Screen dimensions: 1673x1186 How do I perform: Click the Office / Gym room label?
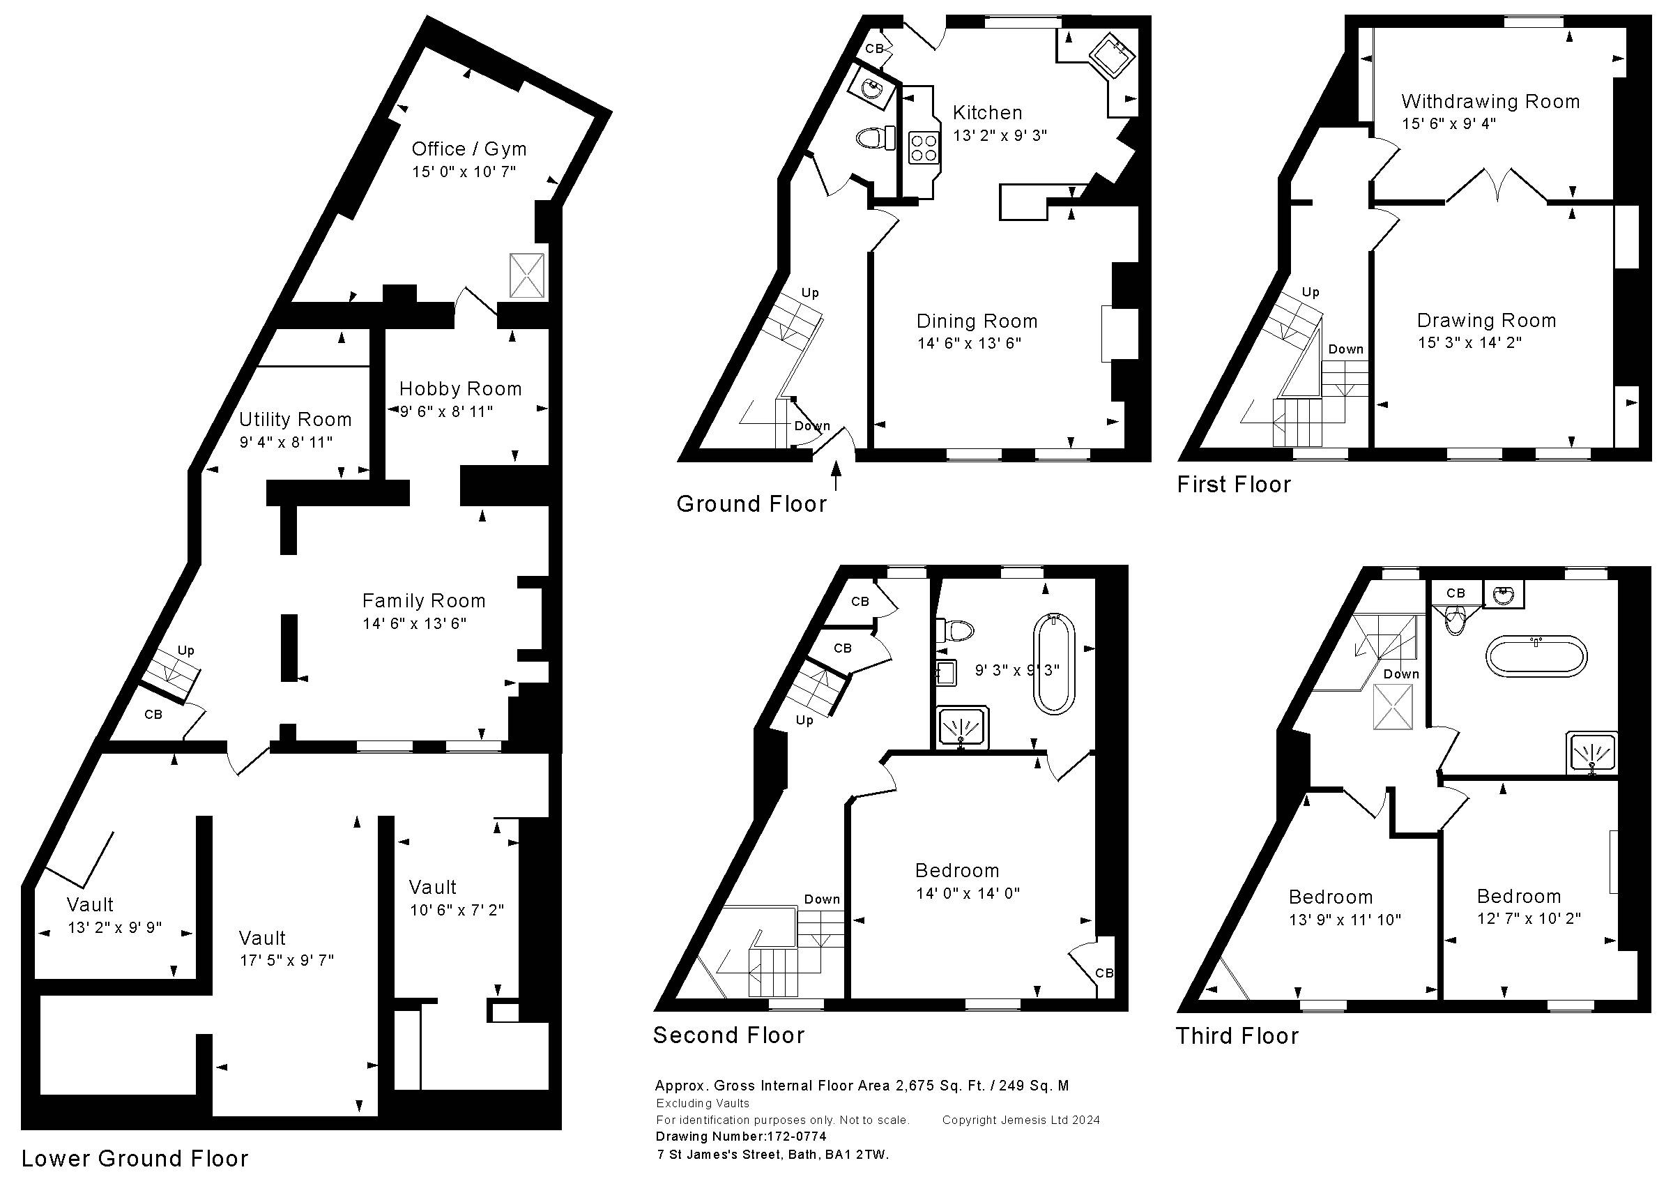click(x=468, y=149)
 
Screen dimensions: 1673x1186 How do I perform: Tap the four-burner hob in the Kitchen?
click(x=924, y=148)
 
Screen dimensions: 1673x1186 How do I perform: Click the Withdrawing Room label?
click(x=1490, y=102)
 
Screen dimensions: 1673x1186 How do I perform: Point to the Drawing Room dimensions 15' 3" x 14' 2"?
click(x=1469, y=342)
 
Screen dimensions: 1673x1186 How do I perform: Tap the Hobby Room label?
click(x=461, y=388)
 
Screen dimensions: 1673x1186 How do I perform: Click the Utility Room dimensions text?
click(x=286, y=442)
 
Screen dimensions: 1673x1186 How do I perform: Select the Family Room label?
click(x=424, y=601)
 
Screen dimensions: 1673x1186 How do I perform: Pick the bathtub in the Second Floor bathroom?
click(x=1054, y=663)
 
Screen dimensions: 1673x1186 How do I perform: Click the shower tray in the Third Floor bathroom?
click(x=1592, y=754)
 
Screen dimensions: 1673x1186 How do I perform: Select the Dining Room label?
click(x=977, y=321)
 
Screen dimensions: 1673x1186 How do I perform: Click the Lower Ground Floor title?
click(x=135, y=1159)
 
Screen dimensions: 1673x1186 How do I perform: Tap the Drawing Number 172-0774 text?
click(x=741, y=1136)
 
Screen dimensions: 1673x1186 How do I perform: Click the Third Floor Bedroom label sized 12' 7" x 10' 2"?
click(x=1519, y=896)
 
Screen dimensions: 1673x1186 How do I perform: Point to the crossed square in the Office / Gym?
click(x=527, y=275)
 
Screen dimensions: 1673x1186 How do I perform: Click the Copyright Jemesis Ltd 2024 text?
click(x=1021, y=1120)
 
